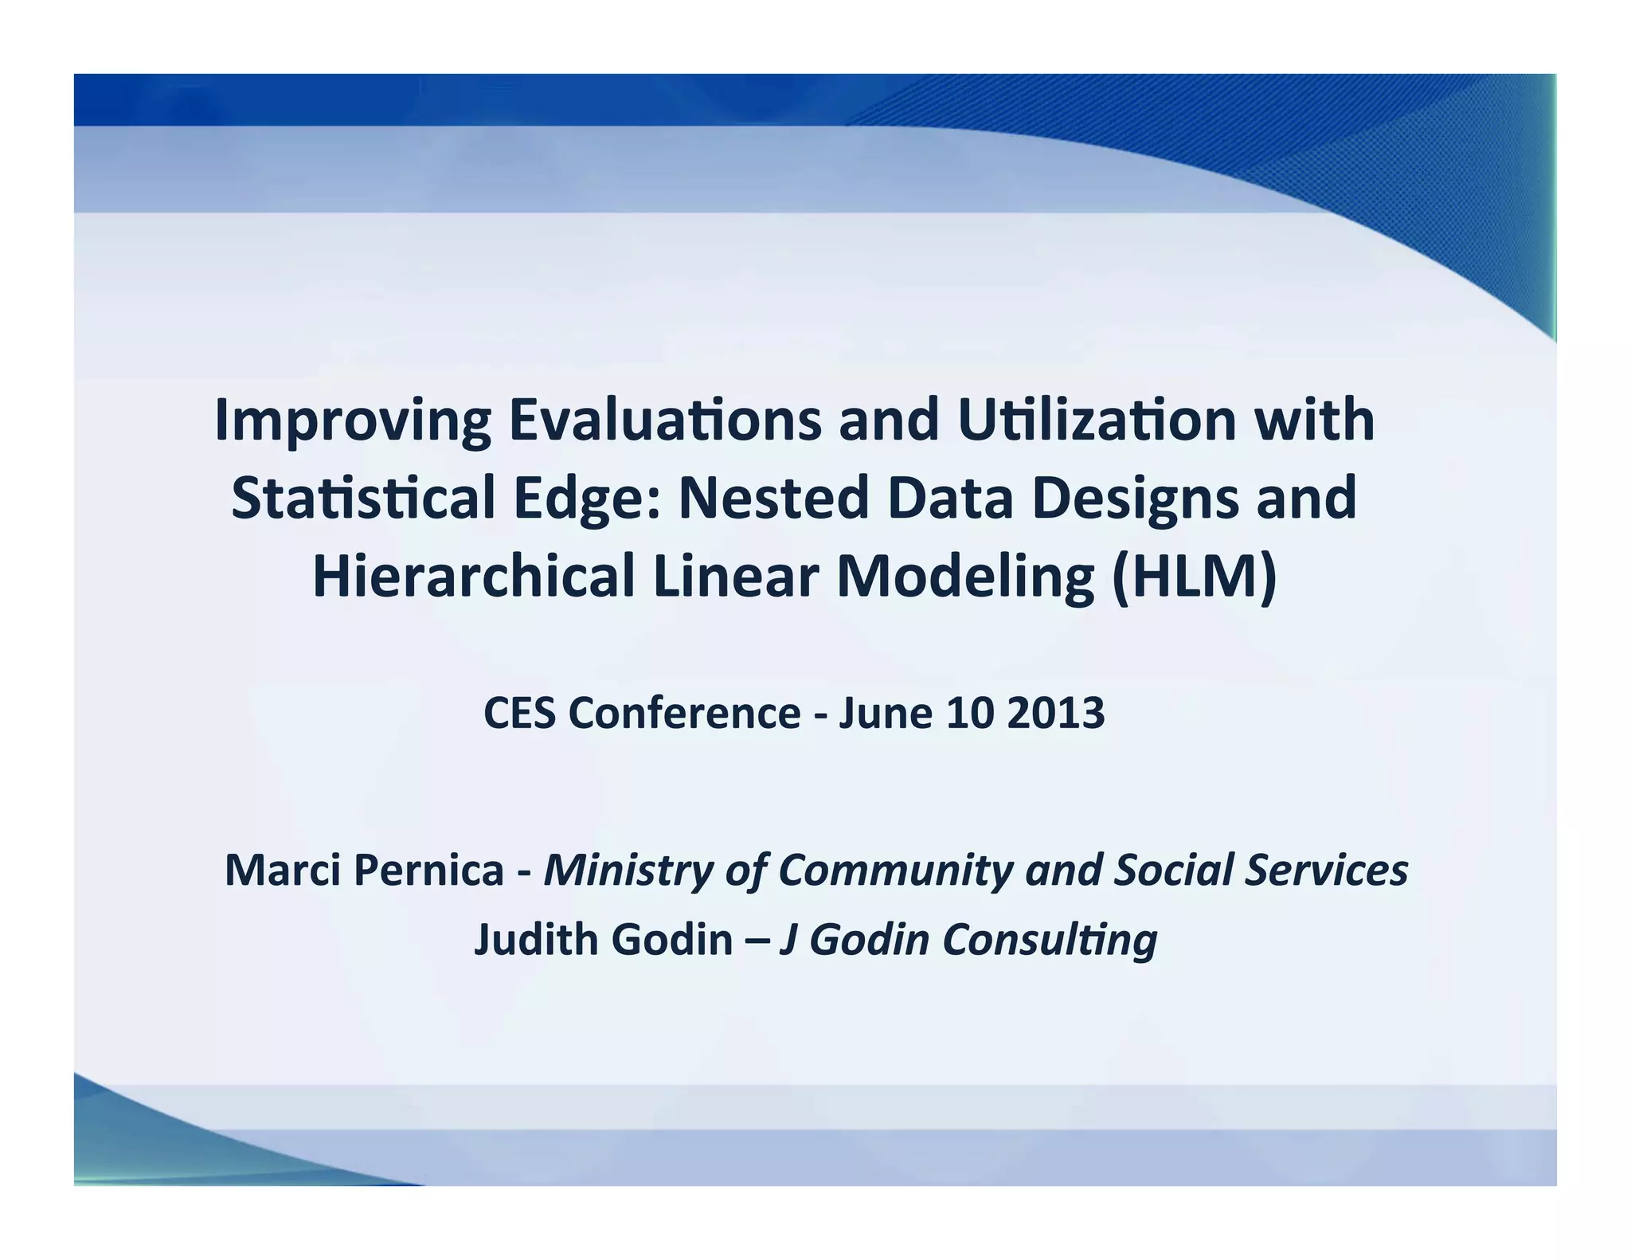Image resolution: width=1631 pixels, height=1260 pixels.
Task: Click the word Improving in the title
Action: [x=353, y=421]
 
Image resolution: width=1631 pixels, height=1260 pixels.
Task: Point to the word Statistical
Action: [x=363, y=498]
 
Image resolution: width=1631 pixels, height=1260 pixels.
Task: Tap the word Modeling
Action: [x=965, y=577]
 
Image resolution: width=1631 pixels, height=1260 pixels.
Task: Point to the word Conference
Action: [x=684, y=712]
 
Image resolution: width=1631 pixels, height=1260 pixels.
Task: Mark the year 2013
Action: [x=1055, y=712]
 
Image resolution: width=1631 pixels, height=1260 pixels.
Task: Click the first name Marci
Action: [x=284, y=869]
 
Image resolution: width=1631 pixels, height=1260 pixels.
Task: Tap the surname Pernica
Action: [x=428, y=869]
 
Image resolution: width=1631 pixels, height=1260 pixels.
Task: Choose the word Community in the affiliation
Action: [x=895, y=871]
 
